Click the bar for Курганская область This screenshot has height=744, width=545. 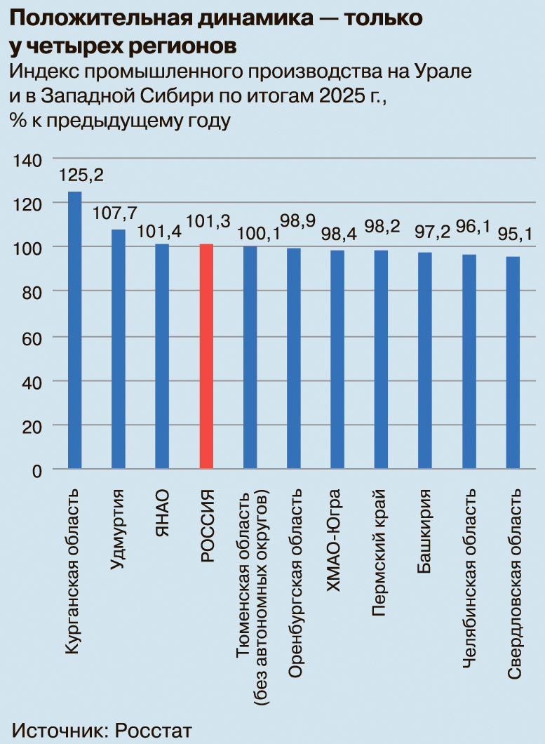[74, 330]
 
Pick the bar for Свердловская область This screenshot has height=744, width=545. [513, 362]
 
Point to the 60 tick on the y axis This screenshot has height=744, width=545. [32, 337]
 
